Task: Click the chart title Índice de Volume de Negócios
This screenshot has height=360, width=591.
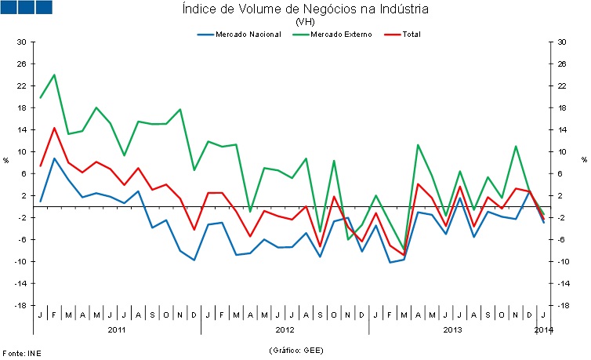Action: tap(305, 9)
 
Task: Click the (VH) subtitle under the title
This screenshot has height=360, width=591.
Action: tap(305, 22)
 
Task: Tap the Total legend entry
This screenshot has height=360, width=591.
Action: tap(411, 35)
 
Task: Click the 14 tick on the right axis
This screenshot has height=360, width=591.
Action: tap(562, 129)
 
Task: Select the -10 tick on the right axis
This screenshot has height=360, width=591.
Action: tap(564, 261)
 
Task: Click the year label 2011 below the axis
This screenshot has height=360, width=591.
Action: tap(117, 329)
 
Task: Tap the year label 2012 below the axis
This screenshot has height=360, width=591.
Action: tap(285, 329)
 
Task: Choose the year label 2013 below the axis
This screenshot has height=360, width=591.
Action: tap(452, 329)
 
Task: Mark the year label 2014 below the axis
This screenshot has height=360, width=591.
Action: tap(543, 329)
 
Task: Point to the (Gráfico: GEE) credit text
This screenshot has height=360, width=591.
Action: tap(295, 350)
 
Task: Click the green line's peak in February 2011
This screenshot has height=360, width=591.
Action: tap(54, 75)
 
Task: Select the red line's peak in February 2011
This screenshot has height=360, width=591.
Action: tap(54, 128)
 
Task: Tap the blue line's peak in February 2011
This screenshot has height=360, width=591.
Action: tap(54, 158)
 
